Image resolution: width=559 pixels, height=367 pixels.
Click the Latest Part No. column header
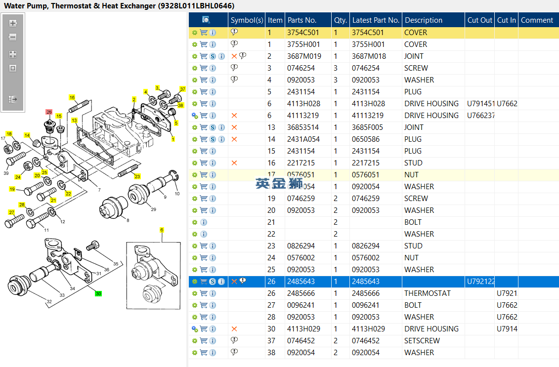coord(375,20)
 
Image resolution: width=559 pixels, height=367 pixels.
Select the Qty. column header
coord(340,20)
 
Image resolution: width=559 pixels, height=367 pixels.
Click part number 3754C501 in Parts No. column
coord(303,33)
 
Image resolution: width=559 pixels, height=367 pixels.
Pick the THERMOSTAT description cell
coord(427,293)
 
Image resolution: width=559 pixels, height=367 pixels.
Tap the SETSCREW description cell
coord(422,341)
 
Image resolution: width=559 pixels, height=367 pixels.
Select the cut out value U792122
coord(480,282)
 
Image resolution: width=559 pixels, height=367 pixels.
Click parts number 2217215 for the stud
coord(301,163)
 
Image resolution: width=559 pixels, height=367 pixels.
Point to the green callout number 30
coord(98,293)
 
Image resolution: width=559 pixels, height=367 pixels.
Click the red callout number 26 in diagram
coord(49,112)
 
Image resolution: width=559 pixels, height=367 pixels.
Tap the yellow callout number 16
coord(72,97)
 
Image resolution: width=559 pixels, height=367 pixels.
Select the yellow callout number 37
coord(182,89)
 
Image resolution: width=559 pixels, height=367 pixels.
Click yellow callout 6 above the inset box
coord(162,230)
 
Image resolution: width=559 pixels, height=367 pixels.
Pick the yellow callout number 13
coord(74,121)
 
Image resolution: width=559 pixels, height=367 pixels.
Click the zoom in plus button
coord(13,23)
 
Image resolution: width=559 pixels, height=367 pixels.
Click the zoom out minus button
coord(13,37)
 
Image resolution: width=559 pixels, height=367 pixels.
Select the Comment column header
coord(537,20)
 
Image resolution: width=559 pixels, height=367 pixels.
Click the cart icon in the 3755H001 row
coord(204,44)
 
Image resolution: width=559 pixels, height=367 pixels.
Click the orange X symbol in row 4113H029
coord(234,329)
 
